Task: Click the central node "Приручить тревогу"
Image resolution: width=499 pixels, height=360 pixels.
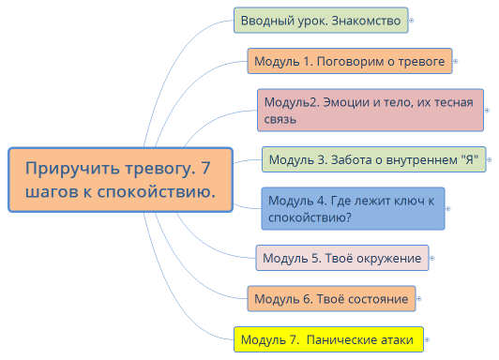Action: pos(119,180)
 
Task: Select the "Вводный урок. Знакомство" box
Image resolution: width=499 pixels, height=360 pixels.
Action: pos(320,20)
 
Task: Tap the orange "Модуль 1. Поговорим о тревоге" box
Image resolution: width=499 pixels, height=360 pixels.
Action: pos(349,61)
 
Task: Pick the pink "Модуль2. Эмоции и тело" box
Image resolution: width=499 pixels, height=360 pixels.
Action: pos(370,110)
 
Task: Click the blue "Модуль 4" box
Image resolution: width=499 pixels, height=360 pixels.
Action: pos(353,208)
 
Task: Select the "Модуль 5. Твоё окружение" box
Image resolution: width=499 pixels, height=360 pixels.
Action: pos(341,258)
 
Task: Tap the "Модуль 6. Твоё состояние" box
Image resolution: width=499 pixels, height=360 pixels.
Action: pos(331,299)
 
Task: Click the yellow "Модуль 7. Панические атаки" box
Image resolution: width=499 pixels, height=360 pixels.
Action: pos(328,339)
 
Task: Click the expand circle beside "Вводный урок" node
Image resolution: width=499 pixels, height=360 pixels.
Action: pos(413,20)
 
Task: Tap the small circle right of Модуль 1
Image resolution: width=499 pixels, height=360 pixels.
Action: pos(455,61)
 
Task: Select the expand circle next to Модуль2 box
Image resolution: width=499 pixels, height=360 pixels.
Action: pos(490,110)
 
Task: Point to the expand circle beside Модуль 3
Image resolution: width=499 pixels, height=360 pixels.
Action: pos(491,159)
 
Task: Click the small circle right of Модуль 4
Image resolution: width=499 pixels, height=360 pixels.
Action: pos(449,208)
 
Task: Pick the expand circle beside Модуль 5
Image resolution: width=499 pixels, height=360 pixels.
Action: pos(433,258)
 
